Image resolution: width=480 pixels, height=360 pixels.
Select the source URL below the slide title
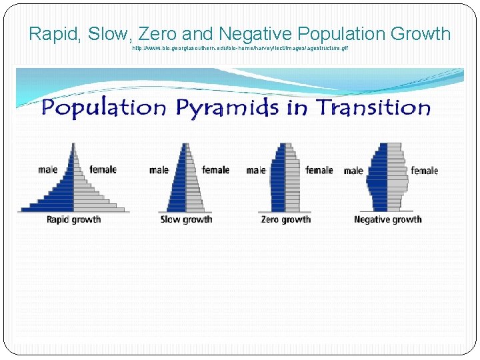[x=240, y=49]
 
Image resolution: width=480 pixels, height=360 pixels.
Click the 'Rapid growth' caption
[x=73, y=219]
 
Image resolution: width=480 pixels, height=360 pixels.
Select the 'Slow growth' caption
[x=186, y=219]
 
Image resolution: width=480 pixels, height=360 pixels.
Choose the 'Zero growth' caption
[x=285, y=219]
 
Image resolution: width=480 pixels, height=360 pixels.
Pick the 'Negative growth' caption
[x=387, y=219]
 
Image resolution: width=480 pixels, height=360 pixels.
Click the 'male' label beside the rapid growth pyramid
[x=47, y=169]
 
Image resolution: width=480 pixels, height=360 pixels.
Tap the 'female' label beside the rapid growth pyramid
[x=103, y=169]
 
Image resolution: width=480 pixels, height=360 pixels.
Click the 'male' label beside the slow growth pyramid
[x=159, y=170]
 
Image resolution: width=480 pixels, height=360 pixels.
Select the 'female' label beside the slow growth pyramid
[x=215, y=170]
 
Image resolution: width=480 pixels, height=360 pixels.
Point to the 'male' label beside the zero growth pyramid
[x=255, y=170]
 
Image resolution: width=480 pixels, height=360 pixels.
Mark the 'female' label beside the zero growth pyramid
[x=319, y=170]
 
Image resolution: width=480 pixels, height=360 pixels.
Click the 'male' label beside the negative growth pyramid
[x=353, y=171]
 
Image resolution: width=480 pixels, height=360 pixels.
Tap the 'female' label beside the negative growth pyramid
[x=424, y=171]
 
